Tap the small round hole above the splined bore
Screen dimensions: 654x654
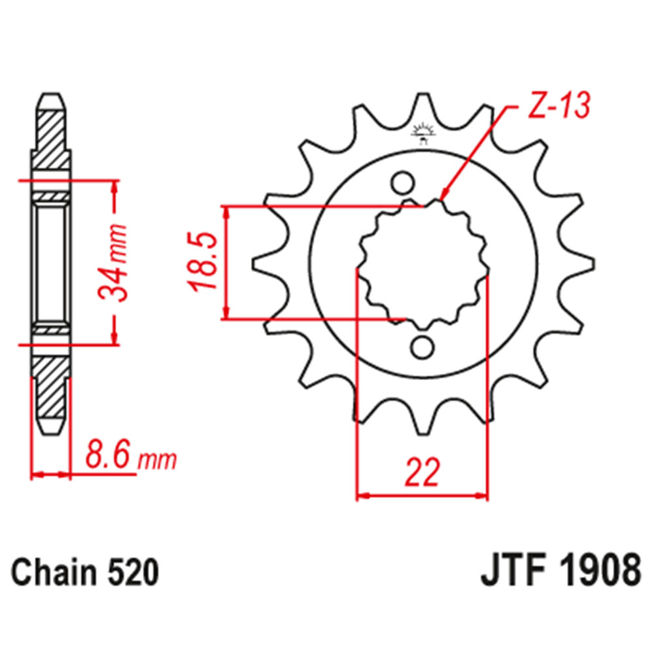click(404, 182)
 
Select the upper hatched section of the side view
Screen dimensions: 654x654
click(52, 137)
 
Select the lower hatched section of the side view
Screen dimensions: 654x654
click(52, 389)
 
